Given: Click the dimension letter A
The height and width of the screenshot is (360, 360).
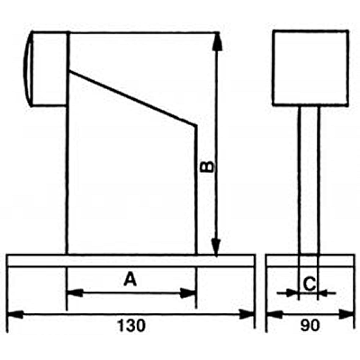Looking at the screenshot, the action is click(x=130, y=279).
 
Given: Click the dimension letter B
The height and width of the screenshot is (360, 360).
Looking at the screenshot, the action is click(x=208, y=166).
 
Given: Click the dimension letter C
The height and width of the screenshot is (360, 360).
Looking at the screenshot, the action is click(x=310, y=284).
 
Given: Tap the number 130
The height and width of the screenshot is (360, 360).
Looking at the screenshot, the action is click(x=131, y=326).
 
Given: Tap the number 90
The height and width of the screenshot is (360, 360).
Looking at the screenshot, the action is click(x=310, y=326).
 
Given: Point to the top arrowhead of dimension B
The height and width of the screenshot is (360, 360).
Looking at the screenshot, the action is click(x=218, y=41).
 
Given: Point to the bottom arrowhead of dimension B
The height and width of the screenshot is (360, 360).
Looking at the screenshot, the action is click(x=216, y=247).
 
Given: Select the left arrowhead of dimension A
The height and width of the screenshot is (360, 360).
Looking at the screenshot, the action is click(x=75, y=292).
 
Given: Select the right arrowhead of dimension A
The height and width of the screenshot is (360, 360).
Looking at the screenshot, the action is click(x=188, y=293).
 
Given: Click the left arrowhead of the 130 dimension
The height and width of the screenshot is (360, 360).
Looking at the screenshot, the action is click(x=15, y=315).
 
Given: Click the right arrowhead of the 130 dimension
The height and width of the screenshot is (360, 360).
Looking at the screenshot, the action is click(x=247, y=315).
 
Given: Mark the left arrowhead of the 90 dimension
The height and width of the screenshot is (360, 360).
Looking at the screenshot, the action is click(x=274, y=315).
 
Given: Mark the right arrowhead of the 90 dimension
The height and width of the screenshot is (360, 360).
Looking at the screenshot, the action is click(x=346, y=315).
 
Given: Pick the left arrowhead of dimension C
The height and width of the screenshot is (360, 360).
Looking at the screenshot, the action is click(x=292, y=292).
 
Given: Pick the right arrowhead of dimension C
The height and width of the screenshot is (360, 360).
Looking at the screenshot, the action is click(x=322, y=292).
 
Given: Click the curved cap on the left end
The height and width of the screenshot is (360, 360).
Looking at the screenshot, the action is click(x=28, y=68).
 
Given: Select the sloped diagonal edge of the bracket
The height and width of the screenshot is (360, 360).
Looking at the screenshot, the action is click(x=133, y=98).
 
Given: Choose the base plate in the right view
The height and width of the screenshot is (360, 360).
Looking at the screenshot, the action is click(x=310, y=260).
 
